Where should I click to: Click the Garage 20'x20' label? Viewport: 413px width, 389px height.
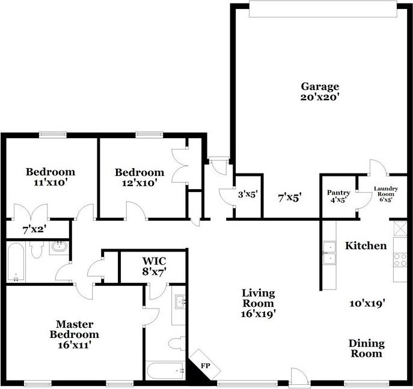(320, 91)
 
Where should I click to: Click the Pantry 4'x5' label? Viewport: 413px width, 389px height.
(338, 196)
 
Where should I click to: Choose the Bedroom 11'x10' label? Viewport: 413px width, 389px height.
(50, 177)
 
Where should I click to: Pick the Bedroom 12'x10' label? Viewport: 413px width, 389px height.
(139, 177)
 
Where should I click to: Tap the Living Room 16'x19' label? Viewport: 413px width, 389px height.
(259, 303)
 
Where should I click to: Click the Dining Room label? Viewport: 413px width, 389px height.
(367, 348)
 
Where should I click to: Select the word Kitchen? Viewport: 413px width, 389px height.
(366, 246)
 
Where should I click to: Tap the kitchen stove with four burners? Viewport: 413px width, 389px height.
(400, 260)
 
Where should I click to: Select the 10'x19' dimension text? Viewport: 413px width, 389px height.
(367, 303)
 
